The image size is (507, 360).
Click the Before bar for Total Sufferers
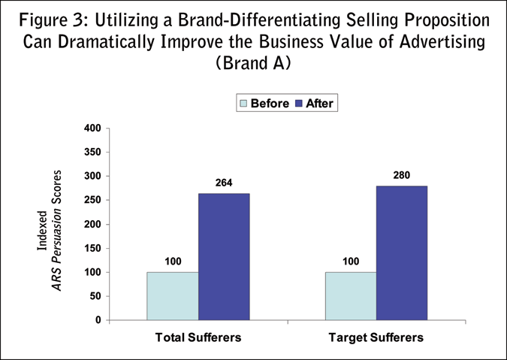pos(174,296)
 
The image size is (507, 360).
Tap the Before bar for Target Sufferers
pos(350,296)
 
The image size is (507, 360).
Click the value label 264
pos(223,183)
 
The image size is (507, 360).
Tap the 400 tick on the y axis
pos(91,129)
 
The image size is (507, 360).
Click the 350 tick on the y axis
pos(91,153)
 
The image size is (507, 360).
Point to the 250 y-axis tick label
pos(91,201)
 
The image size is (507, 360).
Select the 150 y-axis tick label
pos(91,249)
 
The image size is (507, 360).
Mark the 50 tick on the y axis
pos(94,296)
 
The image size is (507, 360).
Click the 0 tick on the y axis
pos(97,320)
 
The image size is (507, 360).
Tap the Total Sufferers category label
pos(198,337)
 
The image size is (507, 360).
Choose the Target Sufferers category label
pos(376,337)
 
